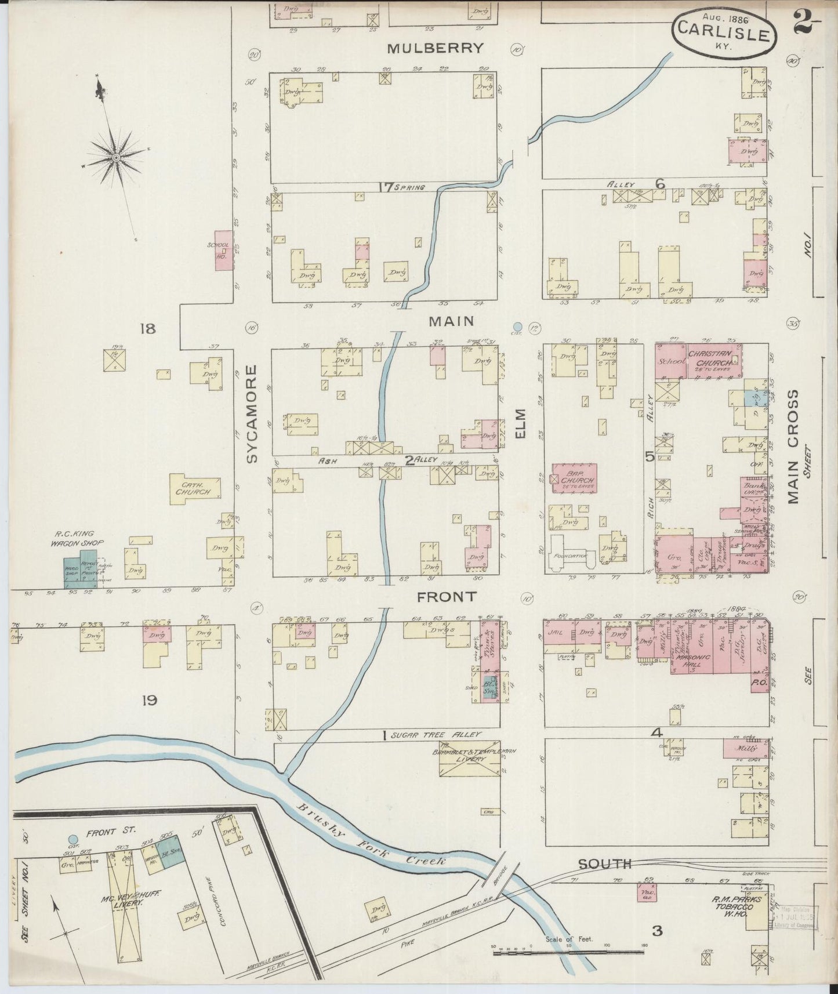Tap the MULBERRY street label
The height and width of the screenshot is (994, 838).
pos(435,48)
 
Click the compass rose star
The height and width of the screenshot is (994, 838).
pos(117,157)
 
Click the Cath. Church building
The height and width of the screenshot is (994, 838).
pos(195,488)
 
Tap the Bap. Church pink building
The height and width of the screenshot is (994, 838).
pos(575,477)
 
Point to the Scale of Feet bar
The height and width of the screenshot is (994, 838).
pos(568,951)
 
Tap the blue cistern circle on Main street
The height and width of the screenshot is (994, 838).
pos(518,327)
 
